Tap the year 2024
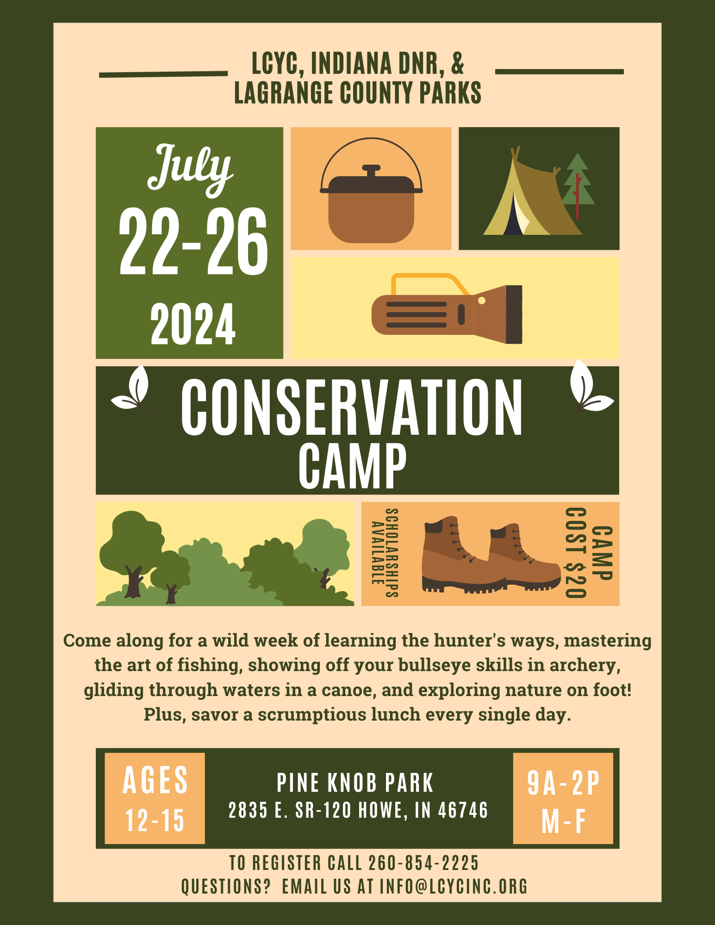click(193, 325)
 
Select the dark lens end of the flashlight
click(514, 314)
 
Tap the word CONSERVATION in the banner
click(352, 407)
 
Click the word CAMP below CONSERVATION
click(353, 466)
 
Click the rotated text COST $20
click(577, 553)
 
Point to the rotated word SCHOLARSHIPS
click(392, 553)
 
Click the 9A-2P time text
click(563, 783)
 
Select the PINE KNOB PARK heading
click(355, 783)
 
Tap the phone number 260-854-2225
click(423, 863)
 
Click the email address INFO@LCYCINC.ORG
click(454, 887)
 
